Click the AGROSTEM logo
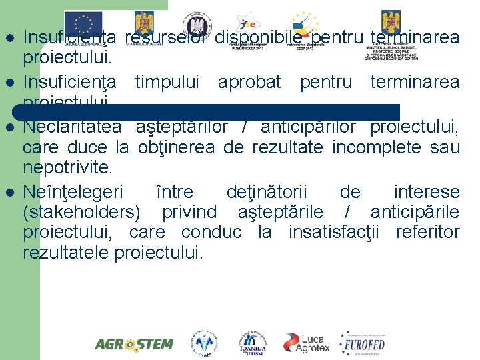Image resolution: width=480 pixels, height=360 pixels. tap(133, 345)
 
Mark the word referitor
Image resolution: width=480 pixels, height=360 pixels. tap(428, 233)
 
